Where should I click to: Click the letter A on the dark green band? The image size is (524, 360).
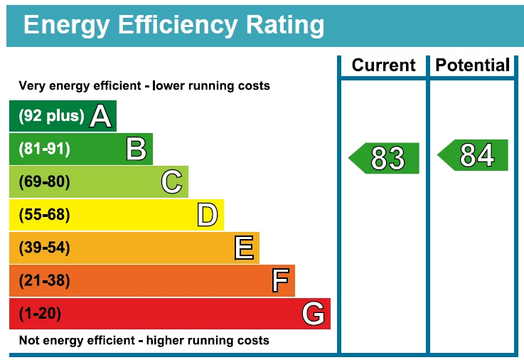(101, 116)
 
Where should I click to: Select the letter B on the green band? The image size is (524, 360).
(136, 149)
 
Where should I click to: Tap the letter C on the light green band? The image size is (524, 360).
(171, 182)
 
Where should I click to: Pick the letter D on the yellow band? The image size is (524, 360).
(207, 215)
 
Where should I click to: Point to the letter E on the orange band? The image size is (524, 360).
(243, 248)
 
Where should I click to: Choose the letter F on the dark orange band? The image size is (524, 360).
(280, 280)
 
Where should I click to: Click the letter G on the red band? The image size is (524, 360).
(314, 313)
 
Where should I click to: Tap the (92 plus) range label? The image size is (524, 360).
(51, 116)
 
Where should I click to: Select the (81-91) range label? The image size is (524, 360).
(44, 149)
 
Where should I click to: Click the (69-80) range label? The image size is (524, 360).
(44, 182)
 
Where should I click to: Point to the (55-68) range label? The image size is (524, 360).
(44, 215)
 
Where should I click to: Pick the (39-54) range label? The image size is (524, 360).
(44, 248)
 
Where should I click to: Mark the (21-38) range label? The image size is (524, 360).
(44, 280)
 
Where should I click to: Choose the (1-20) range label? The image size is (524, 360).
(40, 313)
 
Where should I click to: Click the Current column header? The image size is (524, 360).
(383, 65)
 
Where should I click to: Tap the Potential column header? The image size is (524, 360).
(473, 65)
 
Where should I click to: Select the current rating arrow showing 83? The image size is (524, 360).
(385, 158)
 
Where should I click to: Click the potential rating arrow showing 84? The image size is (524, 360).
(474, 155)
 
